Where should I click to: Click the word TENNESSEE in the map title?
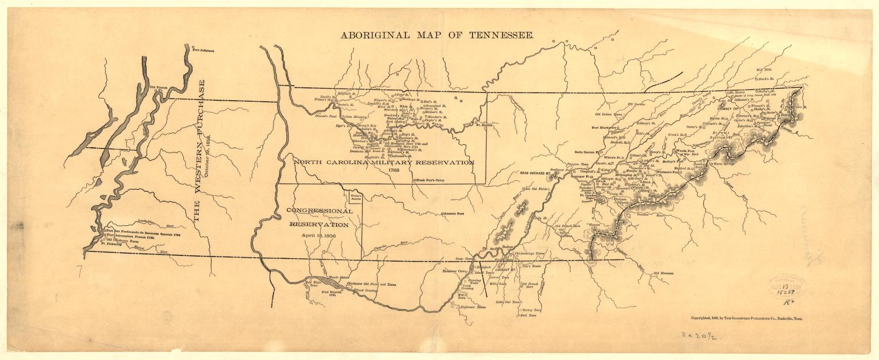tap(500, 35)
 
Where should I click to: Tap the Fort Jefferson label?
tap(203, 51)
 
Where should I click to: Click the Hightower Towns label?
tap(473, 308)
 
